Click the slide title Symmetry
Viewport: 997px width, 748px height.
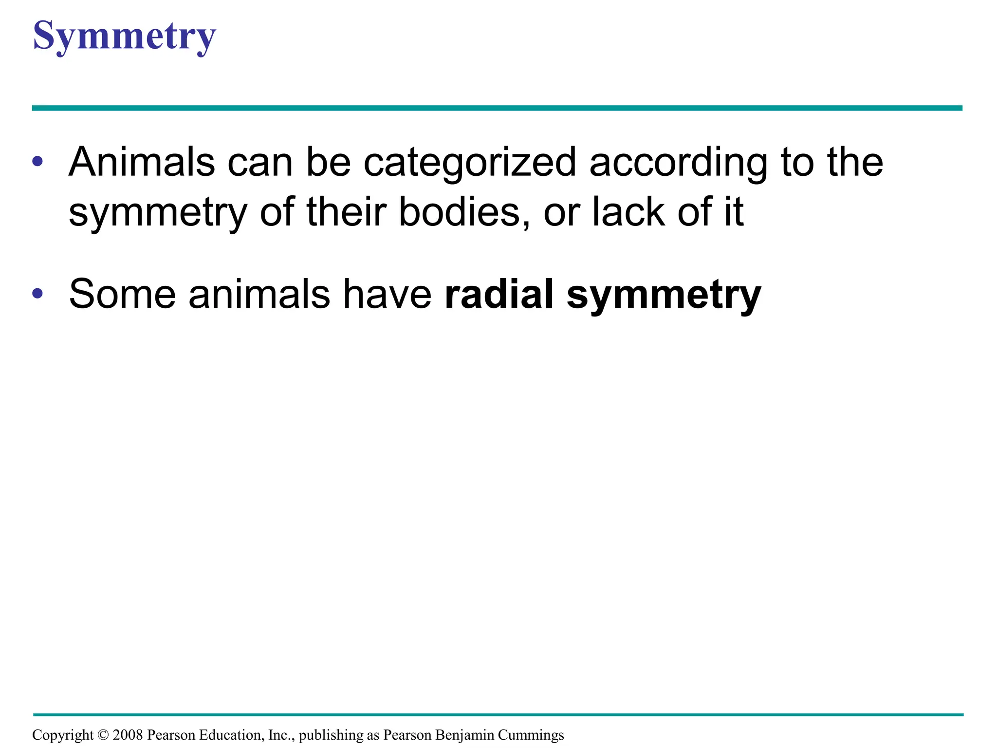tap(124, 37)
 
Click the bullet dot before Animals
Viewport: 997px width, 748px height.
tap(37, 162)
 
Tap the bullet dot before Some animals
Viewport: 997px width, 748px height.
tap(37, 294)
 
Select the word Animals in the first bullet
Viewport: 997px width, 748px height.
tap(142, 162)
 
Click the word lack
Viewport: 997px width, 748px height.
tap(628, 212)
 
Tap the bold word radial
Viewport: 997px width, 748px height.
tap(499, 294)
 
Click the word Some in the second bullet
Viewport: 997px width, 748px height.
tap(122, 294)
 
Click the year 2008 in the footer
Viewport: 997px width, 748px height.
tap(128, 735)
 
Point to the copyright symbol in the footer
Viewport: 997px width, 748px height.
tap(103, 735)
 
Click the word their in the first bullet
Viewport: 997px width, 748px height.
tap(346, 212)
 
